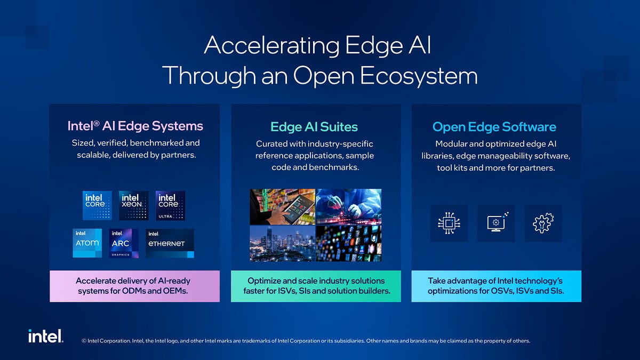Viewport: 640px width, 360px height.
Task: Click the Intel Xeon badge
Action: (x=133, y=205)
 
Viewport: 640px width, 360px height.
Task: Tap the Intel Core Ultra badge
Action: (x=170, y=205)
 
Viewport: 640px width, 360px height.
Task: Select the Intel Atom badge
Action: (x=87, y=243)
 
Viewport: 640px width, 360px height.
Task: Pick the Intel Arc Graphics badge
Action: (x=124, y=244)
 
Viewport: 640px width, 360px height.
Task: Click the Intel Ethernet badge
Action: (x=170, y=244)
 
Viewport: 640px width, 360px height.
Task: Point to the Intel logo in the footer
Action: (x=46, y=336)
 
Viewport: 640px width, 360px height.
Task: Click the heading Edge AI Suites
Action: (x=314, y=127)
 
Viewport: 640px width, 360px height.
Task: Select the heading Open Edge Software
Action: (x=494, y=127)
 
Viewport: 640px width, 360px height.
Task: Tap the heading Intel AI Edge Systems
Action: (x=135, y=126)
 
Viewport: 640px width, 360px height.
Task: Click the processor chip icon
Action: (x=448, y=223)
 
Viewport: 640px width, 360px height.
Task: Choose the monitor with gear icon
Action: (x=496, y=223)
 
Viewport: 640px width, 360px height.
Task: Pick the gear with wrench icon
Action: (x=543, y=223)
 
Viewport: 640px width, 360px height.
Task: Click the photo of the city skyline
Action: (x=282, y=243)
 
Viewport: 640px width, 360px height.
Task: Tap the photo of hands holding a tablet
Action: (x=282, y=206)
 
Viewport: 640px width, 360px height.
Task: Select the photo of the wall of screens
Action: (x=348, y=243)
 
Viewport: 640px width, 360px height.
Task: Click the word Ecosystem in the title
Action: (x=419, y=76)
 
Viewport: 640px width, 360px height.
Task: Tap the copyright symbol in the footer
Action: (x=84, y=341)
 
